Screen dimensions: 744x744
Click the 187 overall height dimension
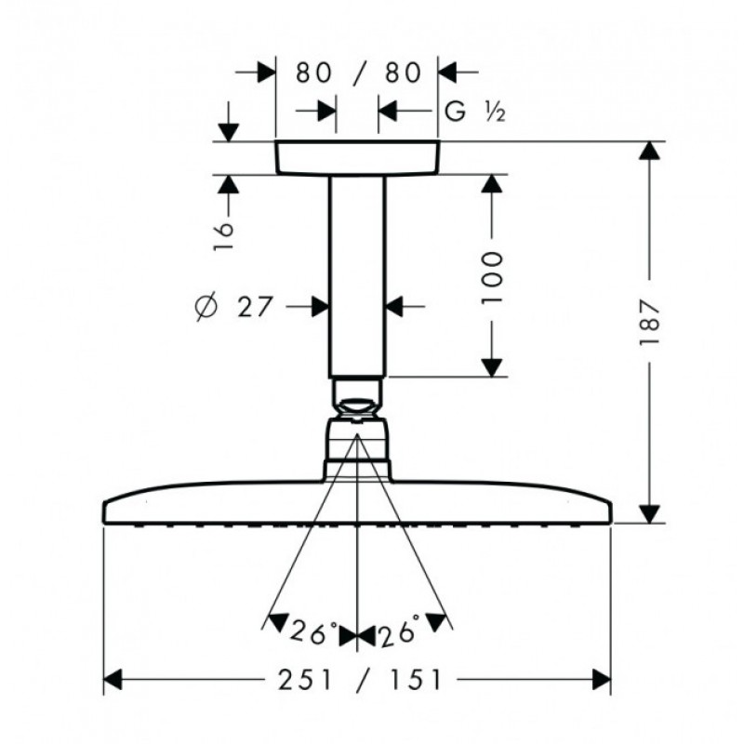649,322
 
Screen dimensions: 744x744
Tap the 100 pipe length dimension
491,278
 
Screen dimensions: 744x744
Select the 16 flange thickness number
224,236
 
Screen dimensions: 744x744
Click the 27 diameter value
255,307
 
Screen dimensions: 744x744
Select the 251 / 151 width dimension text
360,680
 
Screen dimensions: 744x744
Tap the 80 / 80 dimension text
359,73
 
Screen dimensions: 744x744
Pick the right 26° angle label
399,630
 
